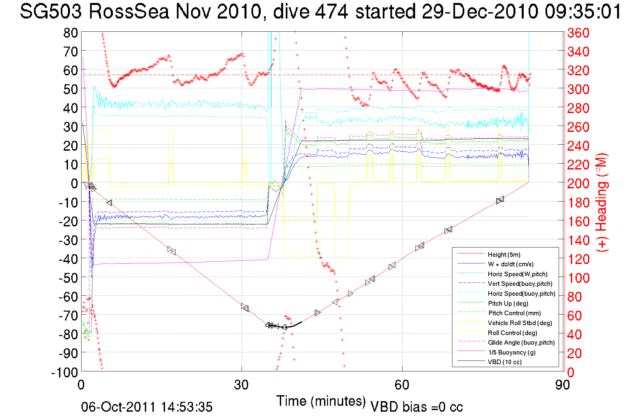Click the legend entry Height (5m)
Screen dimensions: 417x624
click(x=504, y=254)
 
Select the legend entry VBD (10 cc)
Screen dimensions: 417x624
click(x=505, y=362)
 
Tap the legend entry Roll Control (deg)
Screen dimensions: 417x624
click(x=512, y=333)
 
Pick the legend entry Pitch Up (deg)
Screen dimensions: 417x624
click(x=508, y=303)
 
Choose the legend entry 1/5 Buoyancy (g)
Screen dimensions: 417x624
click(x=512, y=352)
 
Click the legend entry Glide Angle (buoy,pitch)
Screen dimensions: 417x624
click(x=521, y=343)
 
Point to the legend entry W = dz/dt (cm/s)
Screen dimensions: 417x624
click(x=510, y=264)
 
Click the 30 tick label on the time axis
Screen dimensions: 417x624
click(x=241, y=385)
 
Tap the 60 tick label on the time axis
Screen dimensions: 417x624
click(x=402, y=385)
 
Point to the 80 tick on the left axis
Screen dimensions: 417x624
click(x=70, y=33)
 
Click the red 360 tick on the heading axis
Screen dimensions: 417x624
click(x=578, y=33)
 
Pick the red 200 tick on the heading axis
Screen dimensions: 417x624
click(x=578, y=183)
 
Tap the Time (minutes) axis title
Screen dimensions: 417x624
click(x=321, y=401)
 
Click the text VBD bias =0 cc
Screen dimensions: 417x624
click(x=416, y=407)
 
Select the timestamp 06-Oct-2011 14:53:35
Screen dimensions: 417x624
click(x=147, y=407)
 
